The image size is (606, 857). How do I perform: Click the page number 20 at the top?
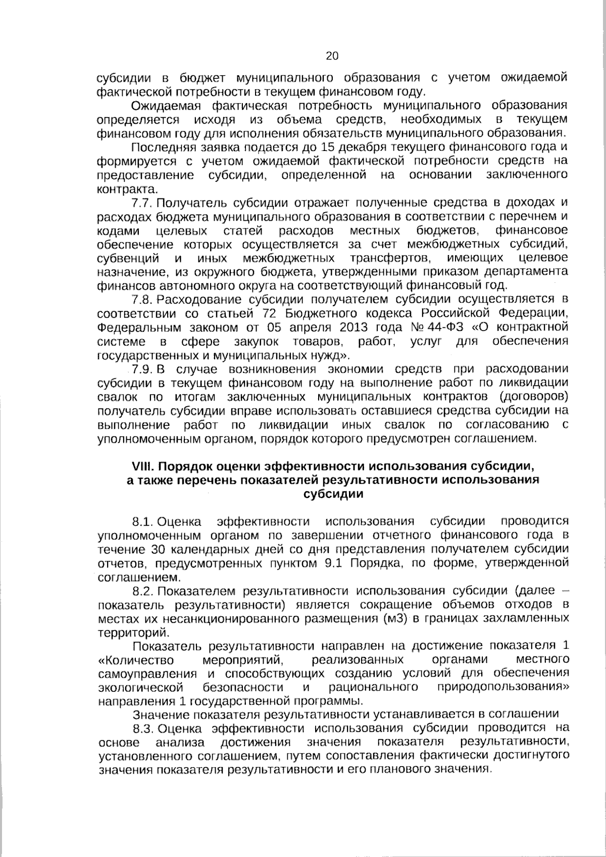pyautogui.click(x=332, y=56)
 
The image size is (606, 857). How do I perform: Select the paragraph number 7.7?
pyautogui.click(x=142, y=203)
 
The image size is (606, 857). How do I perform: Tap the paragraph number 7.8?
pyautogui.click(x=142, y=299)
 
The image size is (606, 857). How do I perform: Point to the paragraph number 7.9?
pyautogui.click(x=142, y=369)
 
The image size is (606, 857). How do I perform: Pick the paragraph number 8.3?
pyautogui.click(x=142, y=728)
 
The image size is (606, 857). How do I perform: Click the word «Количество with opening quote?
pyautogui.click(x=136, y=660)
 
